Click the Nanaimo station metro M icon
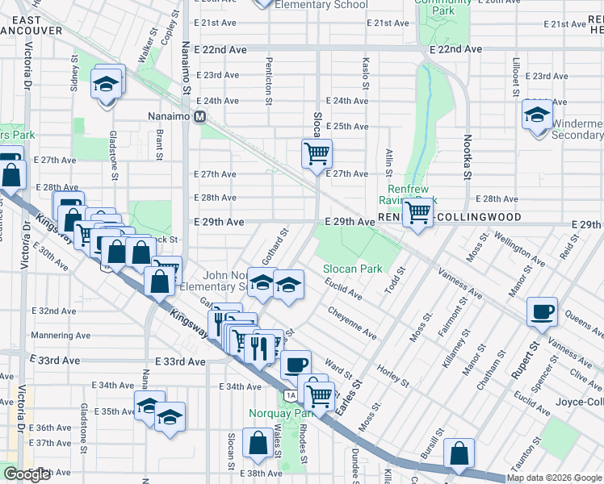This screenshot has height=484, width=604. click(x=199, y=116)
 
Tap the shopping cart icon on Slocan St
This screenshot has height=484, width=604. click(x=317, y=152)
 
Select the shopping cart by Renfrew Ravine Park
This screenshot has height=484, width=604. click(x=417, y=213)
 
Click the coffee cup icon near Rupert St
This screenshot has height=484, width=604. click(x=542, y=311)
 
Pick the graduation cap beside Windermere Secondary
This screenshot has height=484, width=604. click(x=537, y=115)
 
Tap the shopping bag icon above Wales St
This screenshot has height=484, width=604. click(x=258, y=443)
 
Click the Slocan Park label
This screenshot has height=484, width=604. click(x=352, y=269)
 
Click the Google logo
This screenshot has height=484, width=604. click(x=27, y=474)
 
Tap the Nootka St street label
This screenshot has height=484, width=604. click(x=467, y=161)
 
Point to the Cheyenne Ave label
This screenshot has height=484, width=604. click(x=352, y=322)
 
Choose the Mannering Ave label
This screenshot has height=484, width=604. click(x=57, y=335)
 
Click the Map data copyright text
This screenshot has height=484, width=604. click(x=554, y=478)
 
